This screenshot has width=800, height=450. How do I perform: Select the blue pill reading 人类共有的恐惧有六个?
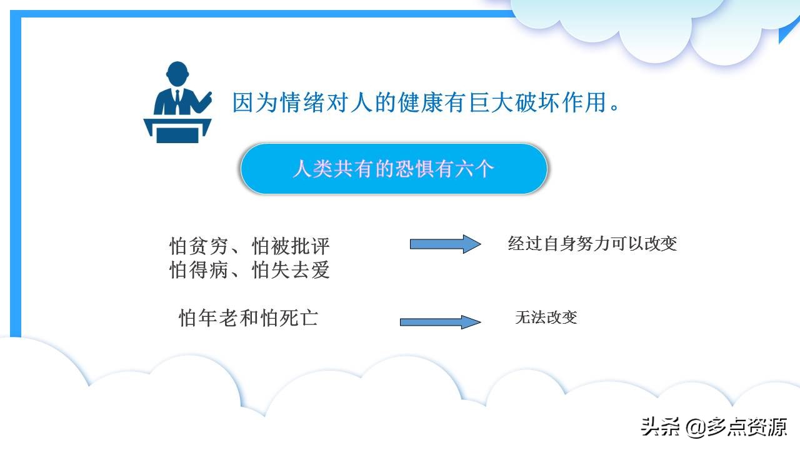click(394, 169)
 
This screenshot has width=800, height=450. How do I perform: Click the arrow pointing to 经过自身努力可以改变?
click(445, 244)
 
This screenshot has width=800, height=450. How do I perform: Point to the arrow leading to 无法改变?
click(440, 322)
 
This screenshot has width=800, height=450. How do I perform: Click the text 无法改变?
click(546, 317)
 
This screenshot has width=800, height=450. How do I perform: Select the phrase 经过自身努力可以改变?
click(592, 243)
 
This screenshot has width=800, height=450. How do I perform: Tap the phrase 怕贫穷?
click(199, 246)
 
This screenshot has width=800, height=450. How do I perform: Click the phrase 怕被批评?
click(291, 246)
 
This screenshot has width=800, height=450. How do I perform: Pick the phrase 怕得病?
click(199, 271)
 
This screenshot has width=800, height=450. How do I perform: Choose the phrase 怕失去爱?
click(291, 271)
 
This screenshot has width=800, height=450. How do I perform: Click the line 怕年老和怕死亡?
click(248, 318)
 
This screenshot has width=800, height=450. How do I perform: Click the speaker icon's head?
click(177, 73)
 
